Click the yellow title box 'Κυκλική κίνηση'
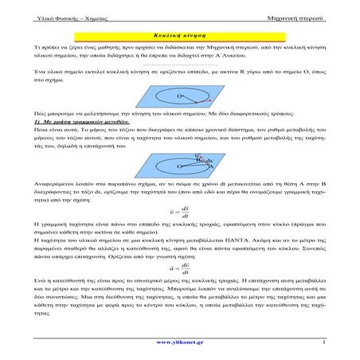coord(179,37)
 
